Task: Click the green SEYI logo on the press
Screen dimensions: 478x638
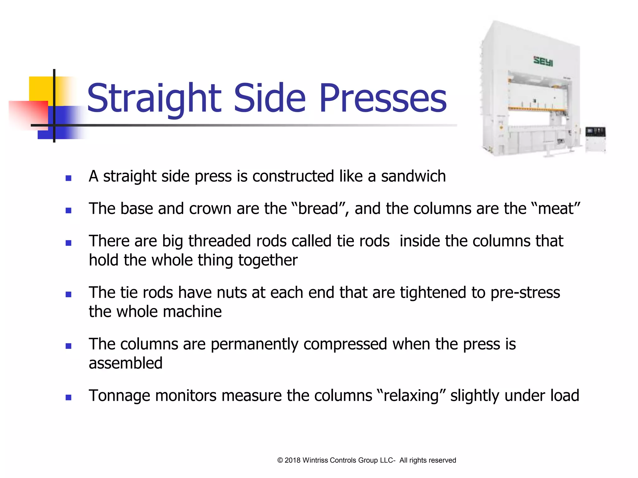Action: click(543, 61)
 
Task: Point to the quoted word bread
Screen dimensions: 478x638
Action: click(318, 209)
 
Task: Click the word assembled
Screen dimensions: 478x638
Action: click(126, 363)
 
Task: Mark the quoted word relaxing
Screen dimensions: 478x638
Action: click(411, 396)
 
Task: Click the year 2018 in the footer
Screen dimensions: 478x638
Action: click(292, 460)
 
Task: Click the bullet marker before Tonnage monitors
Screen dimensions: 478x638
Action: click(69, 397)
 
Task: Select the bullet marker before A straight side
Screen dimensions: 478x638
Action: click(69, 178)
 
